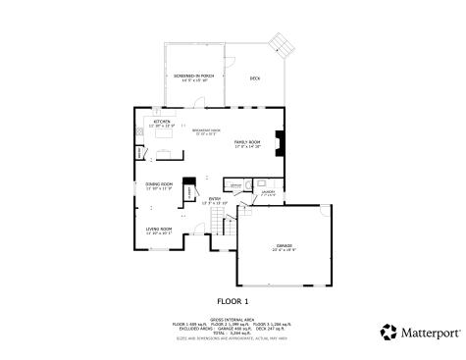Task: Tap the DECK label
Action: click(254, 77)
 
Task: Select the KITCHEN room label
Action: click(161, 123)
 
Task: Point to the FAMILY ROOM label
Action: click(246, 143)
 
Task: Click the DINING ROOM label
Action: click(159, 185)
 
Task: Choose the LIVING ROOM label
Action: click(159, 231)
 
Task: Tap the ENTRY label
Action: click(215, 200)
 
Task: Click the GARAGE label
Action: click(285, 246)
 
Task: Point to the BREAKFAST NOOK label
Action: click(206, 130)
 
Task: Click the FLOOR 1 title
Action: click(233, 301)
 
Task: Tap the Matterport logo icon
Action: click(388, 332)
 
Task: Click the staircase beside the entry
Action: click(228, 228)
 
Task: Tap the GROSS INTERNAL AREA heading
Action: click(233, 317)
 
